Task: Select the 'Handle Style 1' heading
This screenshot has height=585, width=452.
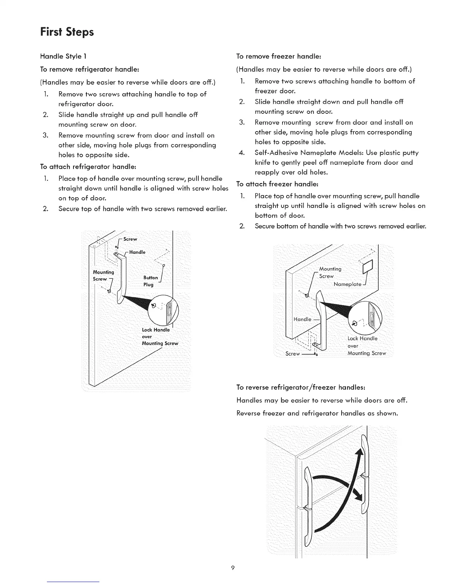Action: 63,57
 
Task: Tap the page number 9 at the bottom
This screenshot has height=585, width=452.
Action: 233,568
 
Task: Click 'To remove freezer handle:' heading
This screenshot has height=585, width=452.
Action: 280,57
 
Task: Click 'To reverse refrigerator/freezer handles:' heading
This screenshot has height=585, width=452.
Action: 301,387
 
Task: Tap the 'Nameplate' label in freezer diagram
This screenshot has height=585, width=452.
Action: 347,284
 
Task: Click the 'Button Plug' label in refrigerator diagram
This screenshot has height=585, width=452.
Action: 150,281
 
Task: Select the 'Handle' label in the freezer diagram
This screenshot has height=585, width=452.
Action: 302,319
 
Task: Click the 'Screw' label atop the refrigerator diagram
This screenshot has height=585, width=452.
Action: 130,239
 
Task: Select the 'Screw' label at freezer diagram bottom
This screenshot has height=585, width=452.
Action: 293,354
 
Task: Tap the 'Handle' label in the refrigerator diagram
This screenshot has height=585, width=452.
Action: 137,252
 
